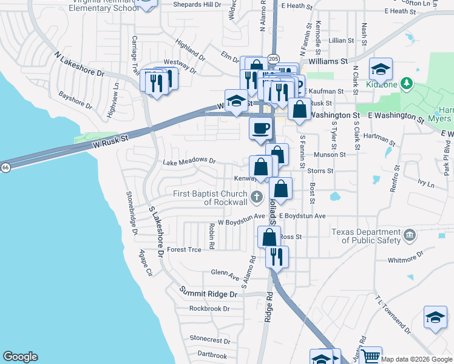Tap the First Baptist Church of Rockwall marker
257,197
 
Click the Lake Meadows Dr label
189,161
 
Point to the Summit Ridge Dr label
208,294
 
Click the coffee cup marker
261,128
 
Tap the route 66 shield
5,167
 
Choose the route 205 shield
273,58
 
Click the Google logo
20,357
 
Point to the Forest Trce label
184,249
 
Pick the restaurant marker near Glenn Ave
277,255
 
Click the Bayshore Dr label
75,100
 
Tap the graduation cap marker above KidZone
381,69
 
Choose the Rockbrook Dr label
209,308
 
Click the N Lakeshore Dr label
80,64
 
